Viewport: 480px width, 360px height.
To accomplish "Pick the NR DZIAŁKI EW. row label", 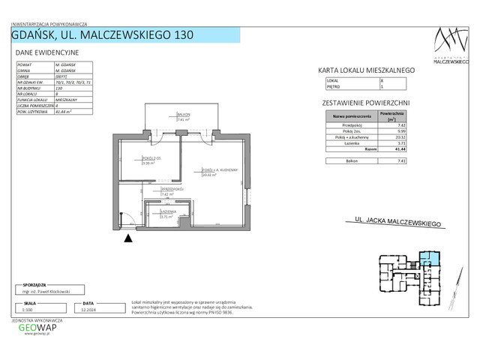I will (31, 81).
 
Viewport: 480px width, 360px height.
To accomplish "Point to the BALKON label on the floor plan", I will (183, 115).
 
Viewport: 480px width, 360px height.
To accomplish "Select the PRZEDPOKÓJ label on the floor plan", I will (166, 190).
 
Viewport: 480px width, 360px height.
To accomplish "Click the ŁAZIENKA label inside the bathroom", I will (167, 212).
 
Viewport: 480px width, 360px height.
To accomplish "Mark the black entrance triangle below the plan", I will (127, 238).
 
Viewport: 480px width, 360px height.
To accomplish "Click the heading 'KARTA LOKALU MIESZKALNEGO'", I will (367, 70).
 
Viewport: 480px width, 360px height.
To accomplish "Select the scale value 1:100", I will (28, 308).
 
